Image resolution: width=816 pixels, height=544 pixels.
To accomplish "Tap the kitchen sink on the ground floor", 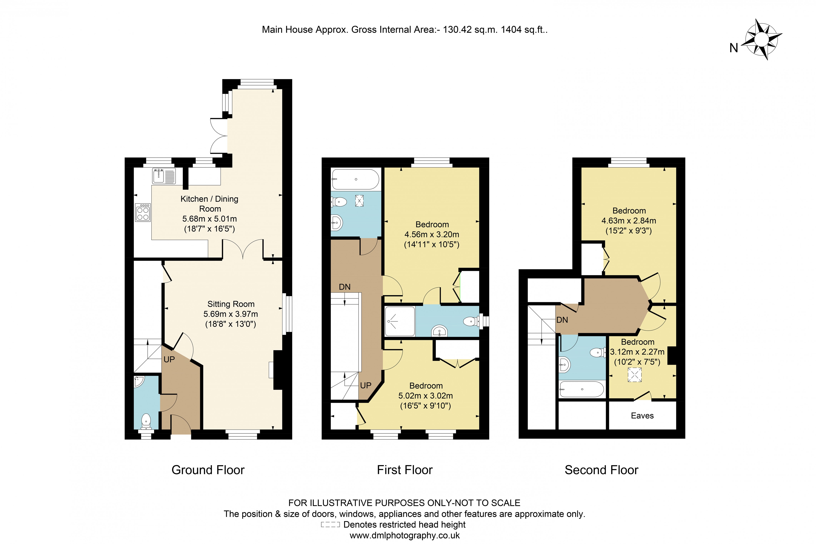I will coord(164,176).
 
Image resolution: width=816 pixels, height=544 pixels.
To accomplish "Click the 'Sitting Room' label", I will coord(231,304).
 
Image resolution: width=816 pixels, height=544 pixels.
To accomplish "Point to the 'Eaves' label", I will coord(642,416).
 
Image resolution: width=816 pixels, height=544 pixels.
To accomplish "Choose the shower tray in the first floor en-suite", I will coord(400,321).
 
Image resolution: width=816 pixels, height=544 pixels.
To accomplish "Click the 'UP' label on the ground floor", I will coord(169,359).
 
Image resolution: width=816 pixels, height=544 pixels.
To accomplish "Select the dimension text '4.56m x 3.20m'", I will coord(432,235).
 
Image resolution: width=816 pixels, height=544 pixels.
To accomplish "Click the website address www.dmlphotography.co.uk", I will coord(405,535).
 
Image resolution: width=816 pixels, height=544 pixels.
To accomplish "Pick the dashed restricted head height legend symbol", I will coord(330,525).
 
